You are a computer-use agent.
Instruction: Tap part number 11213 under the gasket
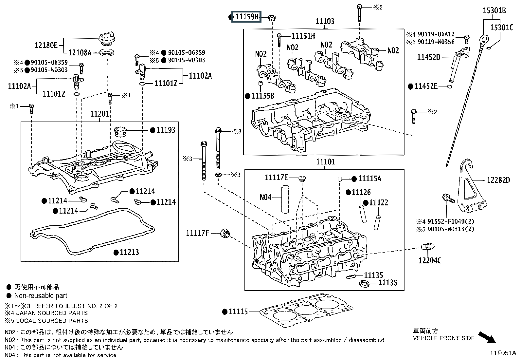pyautogui.click(x=129, y=252)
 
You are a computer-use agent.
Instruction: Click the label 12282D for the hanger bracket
pyautogui.click(x=498, y=180)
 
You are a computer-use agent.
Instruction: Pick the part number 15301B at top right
pyautogui.click(x=494, y=11)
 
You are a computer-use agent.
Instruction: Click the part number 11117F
pyautogui.click(x=197, y=233)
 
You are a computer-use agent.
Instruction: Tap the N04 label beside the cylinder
pyautogui.click(x=266, y=197)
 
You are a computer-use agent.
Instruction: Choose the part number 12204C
pyautogui.click(x=430, y=260)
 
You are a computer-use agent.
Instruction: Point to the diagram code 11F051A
pyautogui.click(x=503, y=353)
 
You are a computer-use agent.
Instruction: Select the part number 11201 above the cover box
pyautogui.click(x=100, y=114)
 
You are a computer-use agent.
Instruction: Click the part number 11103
pyautogui.click(x=325, y=21)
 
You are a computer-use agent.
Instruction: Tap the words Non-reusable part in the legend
pyautogui.click(x=41, y=296)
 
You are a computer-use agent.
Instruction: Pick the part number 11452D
pyautogui.click(x=428, y=57)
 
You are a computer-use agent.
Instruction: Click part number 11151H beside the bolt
pyautogui.click(x=303, y=36)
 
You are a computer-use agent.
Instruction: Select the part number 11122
pyautogui.click(x=379, y=203)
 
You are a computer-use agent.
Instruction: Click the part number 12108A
pyautogui.click(x=80, y=52)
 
